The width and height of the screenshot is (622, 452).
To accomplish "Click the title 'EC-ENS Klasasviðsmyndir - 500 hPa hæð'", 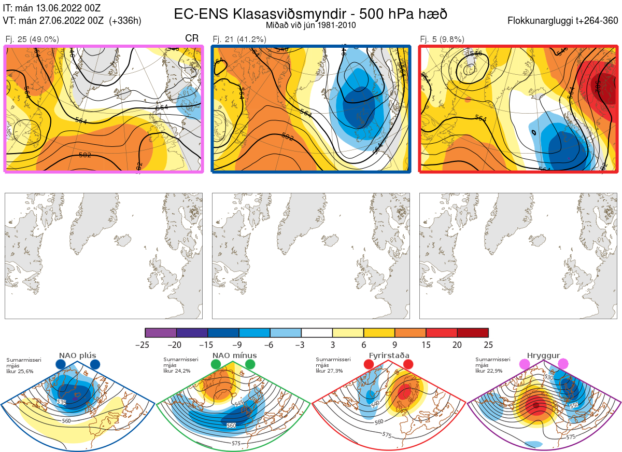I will point(310,13).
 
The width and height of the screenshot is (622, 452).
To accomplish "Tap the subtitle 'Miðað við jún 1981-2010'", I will point(310,25).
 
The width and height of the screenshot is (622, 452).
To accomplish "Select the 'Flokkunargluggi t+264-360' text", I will point(563,21).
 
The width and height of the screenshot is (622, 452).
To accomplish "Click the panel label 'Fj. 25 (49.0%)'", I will point(32,39).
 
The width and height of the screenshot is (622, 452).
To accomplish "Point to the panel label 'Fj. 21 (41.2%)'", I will point(239,39).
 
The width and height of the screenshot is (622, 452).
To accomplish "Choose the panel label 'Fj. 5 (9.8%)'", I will point(442,39).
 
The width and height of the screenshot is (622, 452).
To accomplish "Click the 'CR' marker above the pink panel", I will point(192,38).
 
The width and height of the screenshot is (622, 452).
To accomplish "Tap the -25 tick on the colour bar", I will point(145,345).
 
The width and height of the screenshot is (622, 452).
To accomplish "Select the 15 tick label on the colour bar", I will point(426,345).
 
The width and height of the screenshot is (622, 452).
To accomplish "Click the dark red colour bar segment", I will point(473,333).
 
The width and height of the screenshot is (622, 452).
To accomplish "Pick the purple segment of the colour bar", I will point(161,333).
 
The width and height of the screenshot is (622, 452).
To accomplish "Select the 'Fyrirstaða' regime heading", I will point(389,355).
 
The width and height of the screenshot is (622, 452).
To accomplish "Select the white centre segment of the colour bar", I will point(317,333).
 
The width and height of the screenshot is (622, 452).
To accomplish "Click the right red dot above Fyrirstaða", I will point(407,364).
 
